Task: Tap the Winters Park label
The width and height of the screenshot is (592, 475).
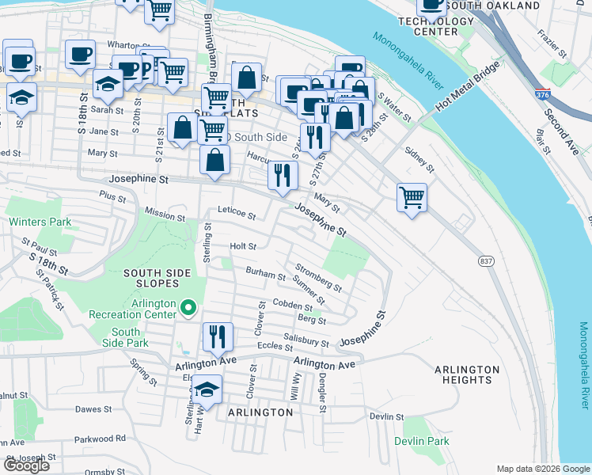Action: click(x=34, y=222)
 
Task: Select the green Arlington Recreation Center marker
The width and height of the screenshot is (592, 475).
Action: click(x=188, y=306)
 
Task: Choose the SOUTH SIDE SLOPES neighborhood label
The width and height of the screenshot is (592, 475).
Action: click(x=157, y=279)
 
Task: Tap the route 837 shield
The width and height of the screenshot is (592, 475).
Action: click(x=486, y=260)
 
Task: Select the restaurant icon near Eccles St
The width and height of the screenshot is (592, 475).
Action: click(x=215, y=336)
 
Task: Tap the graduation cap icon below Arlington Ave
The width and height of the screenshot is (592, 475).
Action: click(x=207, y=389)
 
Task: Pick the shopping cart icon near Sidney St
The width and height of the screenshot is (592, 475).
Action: click(x=412, y=196)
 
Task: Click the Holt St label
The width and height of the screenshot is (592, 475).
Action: click(x=243, y=247)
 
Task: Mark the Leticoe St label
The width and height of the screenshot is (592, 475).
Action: click(x=237, y=215)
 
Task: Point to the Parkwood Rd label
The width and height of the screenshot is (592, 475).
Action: click(x=100, y=438)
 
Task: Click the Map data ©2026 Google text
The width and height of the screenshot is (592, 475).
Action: click(x=541, y=468)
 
